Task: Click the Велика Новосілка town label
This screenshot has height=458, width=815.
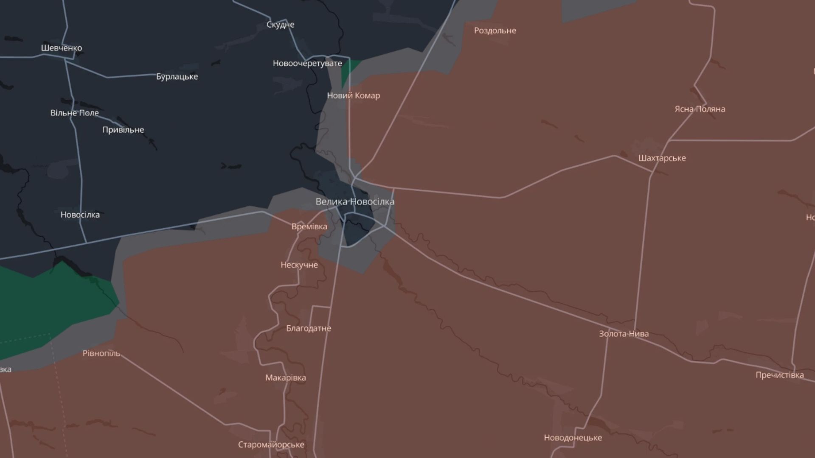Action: pos(355,202)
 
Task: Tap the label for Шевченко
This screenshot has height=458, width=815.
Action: pos(62,48)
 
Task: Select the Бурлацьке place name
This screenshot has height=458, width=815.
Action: pos(177,77)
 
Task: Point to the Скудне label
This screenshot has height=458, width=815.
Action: pos(280,25)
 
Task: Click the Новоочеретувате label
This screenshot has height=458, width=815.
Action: pos(307,64)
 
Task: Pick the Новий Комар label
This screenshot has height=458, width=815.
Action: pos(353,96)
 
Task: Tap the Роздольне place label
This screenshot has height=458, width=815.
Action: pos(495,31)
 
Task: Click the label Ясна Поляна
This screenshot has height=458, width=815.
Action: pos(700,109)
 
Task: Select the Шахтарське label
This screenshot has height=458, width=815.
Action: pos(662,158)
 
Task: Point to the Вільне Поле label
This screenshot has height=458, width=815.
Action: pos(75,113)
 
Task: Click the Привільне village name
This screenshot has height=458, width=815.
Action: pos(123,130)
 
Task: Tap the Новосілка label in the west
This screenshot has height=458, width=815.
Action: pos(80,215)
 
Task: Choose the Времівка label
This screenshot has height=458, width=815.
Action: pos(309,226)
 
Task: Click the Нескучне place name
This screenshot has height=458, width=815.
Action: pos(299,265)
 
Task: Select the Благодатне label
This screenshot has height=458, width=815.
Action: pos(309,328)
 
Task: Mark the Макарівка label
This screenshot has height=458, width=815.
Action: pos(286,378)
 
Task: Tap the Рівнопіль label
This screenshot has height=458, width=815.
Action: pos(101,353)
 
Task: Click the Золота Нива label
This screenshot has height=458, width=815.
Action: pos(624,334)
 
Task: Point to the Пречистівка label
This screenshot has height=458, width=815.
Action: pos(779,375)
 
